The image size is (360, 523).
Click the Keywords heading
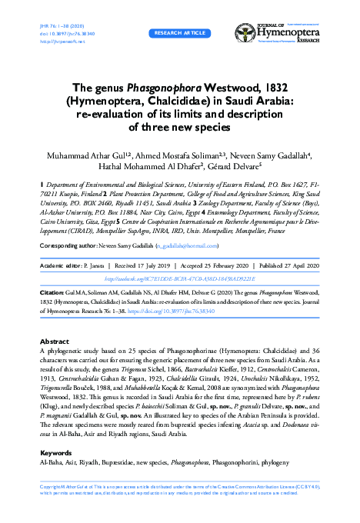56,453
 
